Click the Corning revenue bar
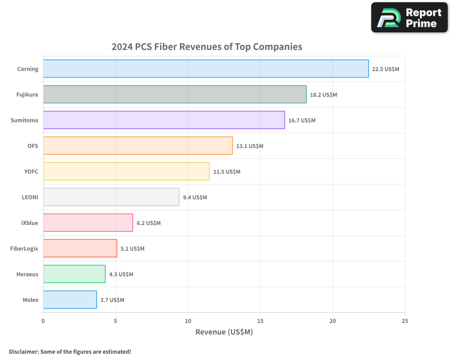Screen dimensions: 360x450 click(x=206, y=69)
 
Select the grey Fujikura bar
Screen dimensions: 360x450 click(x=175, y=94)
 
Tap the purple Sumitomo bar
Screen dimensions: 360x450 click(x=164, y=120)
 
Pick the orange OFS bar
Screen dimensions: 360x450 click(x=138, y=146)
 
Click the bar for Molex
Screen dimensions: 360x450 click(x=70, y=300)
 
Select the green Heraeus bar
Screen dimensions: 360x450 click(x=74, y=274)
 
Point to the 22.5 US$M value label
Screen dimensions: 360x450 click(x=385, y=69)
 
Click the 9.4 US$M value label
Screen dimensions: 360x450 click(x=195, y=198)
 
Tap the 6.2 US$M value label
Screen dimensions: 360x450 click(x=148, y=223)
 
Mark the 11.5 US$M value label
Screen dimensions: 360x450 click(x=227, y=172)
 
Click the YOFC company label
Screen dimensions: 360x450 click(x=31, y=171)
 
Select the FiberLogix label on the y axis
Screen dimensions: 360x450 click(x=24, y=248)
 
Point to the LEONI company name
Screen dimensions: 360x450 click(x=30, y=197)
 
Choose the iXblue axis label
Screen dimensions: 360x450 click(x=30, y=223)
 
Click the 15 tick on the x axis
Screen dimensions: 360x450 click(x=260, y=321)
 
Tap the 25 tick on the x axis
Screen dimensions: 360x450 click(x=405, y=321)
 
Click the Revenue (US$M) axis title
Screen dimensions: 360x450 click(x=224, y=332)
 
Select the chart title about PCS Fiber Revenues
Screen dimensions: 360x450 click(x=207, y=47)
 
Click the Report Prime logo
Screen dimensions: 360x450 click(x=409, y=18)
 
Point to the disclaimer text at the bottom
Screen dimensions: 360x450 click(x=70, y=351)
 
